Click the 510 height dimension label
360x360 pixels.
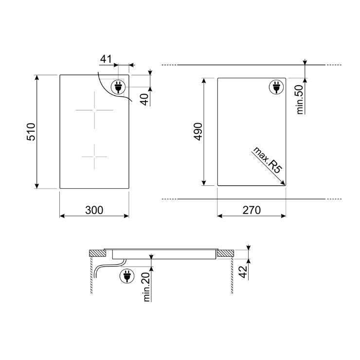(x=31, y=132)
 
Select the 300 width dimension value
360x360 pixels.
(x=94, y=210)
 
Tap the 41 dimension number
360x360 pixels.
(x=106, y=59)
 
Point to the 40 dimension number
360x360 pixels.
(x=145, y=99)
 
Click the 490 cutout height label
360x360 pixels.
(x=198, y=131)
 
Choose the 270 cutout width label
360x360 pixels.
(x=252, y=210)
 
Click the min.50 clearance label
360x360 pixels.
(x=300, y=99)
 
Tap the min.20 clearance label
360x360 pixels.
(x=146, y=287)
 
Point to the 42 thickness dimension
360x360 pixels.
(x=243, y=272)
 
